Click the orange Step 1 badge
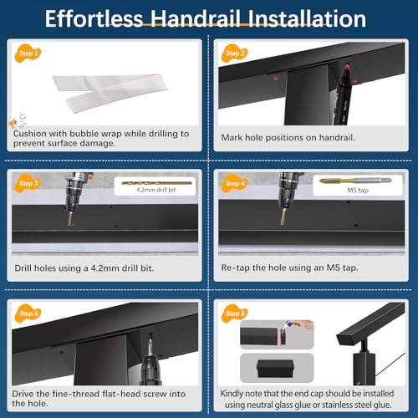(28, 54)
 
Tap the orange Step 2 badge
(234, 54)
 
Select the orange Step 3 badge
(28, 183)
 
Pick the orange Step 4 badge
(234, 183)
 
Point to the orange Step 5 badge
(28, 313)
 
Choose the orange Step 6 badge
(234, 313)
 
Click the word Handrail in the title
(196, 19)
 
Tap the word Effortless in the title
(94, 19)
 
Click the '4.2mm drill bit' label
(155, 190)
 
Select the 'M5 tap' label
(358, 191)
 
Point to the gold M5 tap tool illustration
(355, 181)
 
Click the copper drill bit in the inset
(156, 183)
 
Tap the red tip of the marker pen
(347, 68)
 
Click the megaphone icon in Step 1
(13, 123)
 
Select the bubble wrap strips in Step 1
(110, 93)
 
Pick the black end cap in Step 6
(275, 369)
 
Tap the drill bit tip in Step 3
(70, 223)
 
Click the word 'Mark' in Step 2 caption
(232, 137)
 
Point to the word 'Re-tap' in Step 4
(236, 268)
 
